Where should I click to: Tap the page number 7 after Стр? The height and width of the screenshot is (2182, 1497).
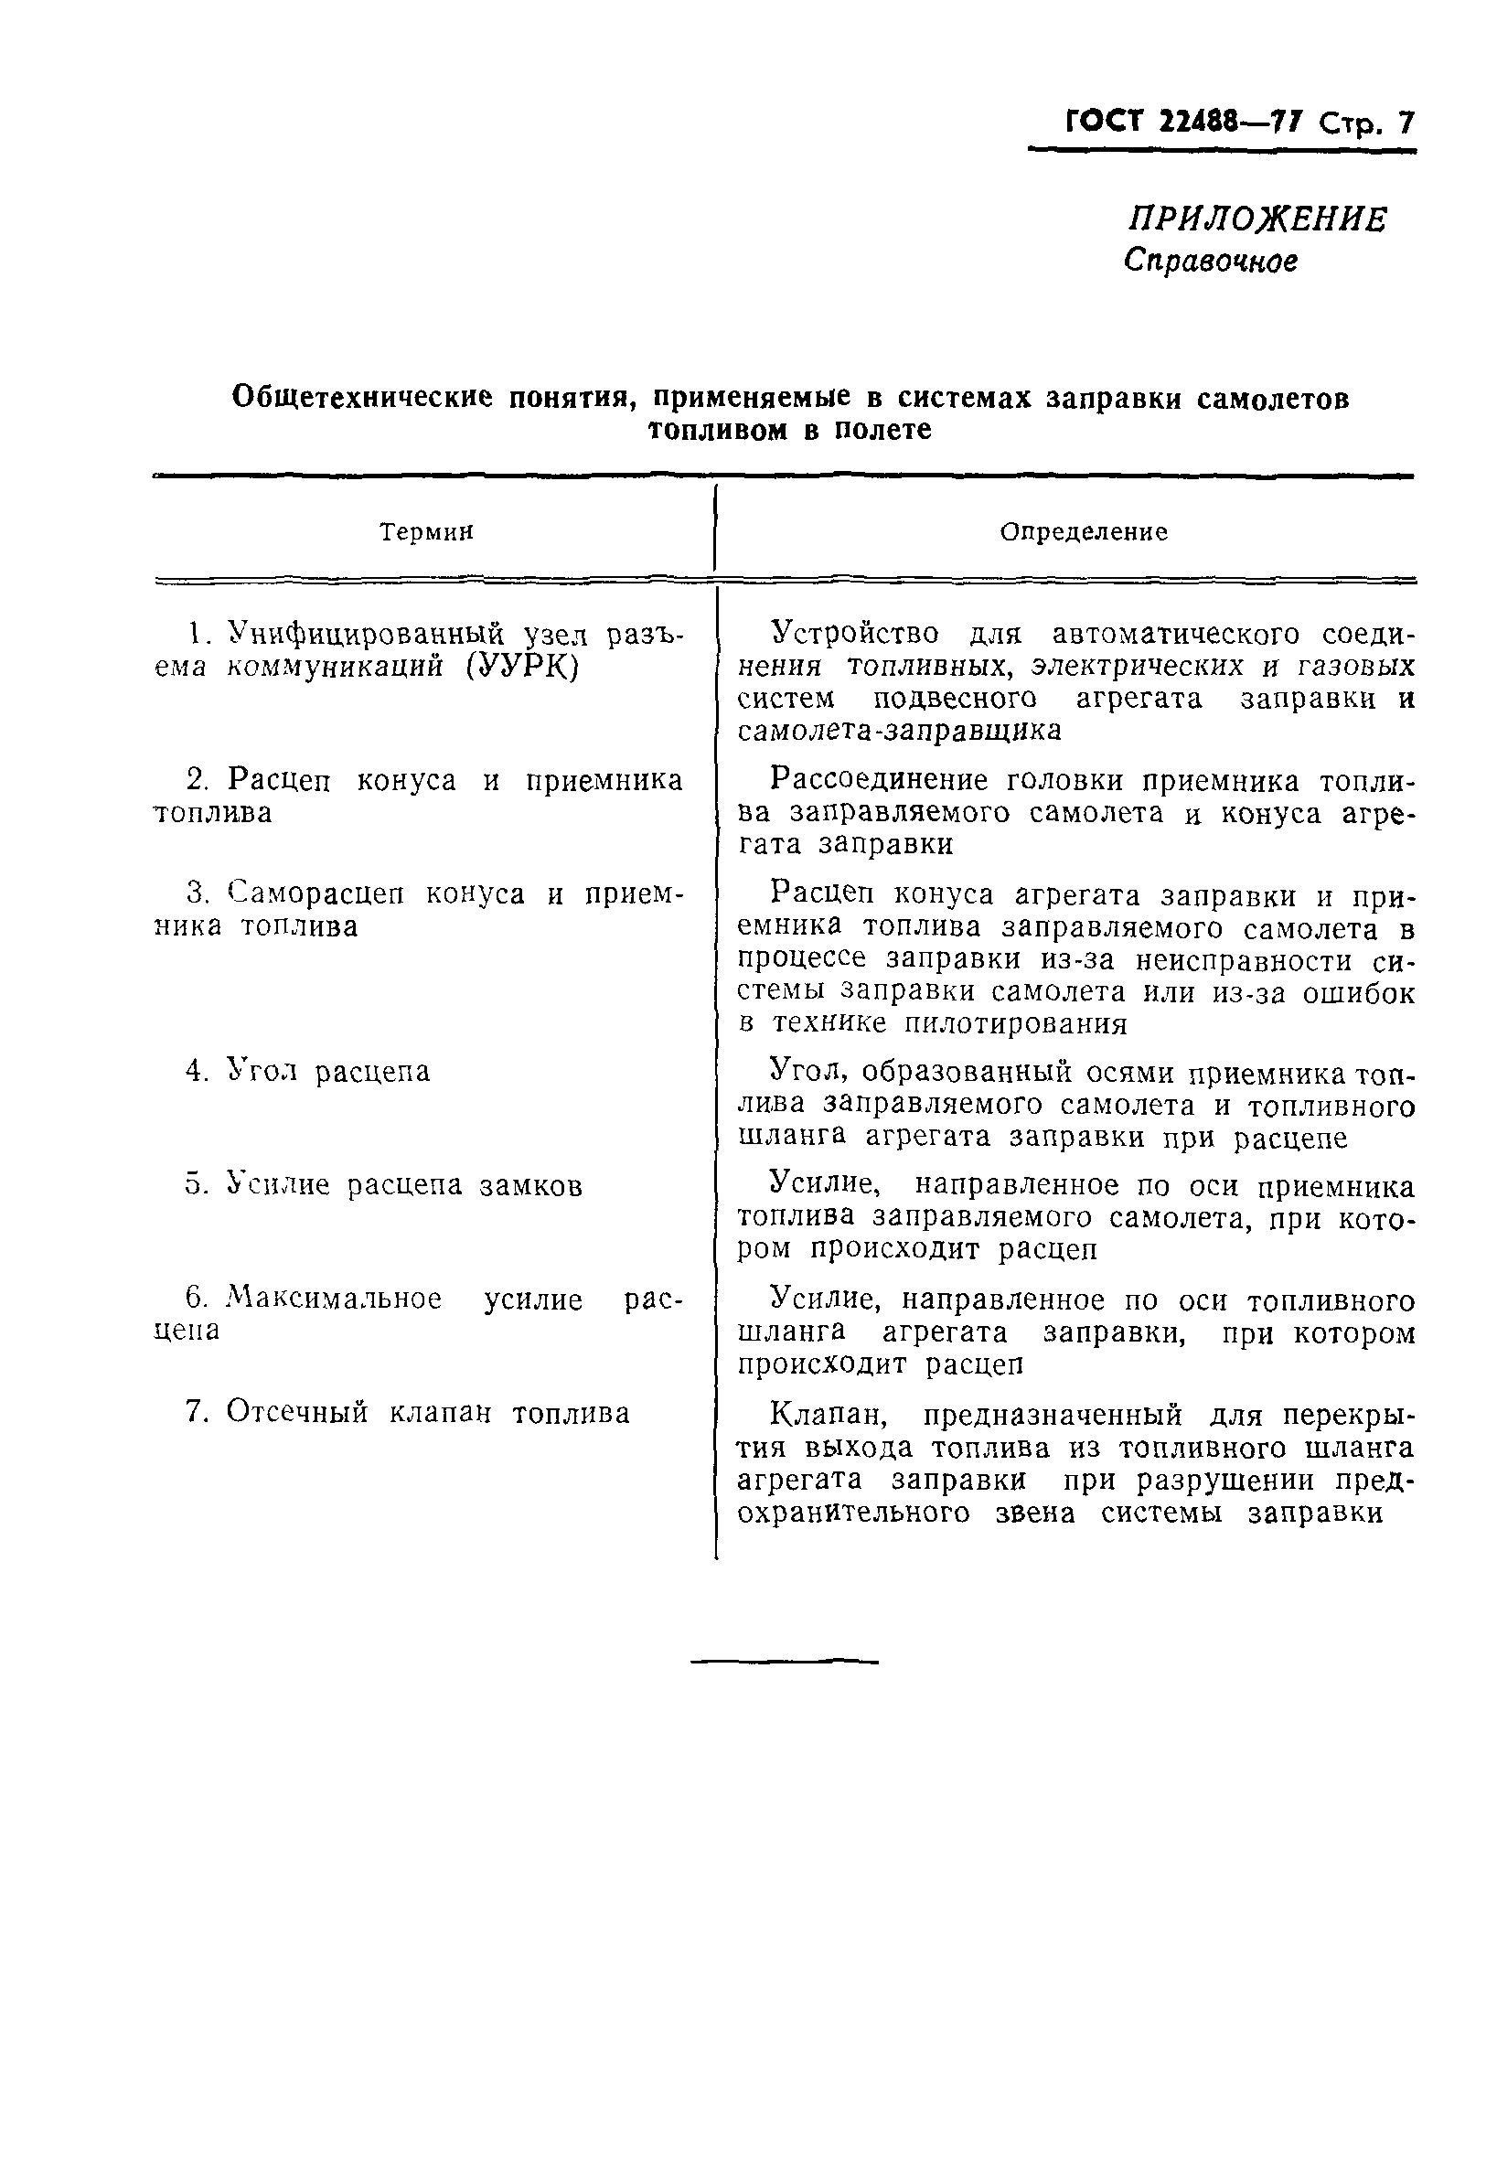pyautogui.click(x=1405, y=123)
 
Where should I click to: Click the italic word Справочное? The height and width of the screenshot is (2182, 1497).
pyautogui.click(x=1211, y=260)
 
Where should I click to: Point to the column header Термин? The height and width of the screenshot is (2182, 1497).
pyautogui.click(x=426, y=532)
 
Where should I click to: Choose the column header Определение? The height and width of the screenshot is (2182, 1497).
pyautogui.click(x=1083, y=532)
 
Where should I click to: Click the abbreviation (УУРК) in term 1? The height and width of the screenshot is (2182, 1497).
pyautogui.click(x=522, y=667)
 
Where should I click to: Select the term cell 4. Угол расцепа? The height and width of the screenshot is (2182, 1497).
pyautogui.click(x=308, y=1071)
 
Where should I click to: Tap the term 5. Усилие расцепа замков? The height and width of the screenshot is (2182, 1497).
pyautogui.click(x=383, y=1186)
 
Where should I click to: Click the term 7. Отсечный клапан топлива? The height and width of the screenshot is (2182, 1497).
pyautogui.click(x=408, y=1412)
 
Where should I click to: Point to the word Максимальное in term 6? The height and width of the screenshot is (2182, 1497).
pyautogui.click(x=335, y=1299)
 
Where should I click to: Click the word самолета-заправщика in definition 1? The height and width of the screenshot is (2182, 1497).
pyautogui.click(x=899, y=731)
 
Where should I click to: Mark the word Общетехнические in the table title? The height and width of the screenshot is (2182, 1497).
pyautogui.click(x=361, y=397)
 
